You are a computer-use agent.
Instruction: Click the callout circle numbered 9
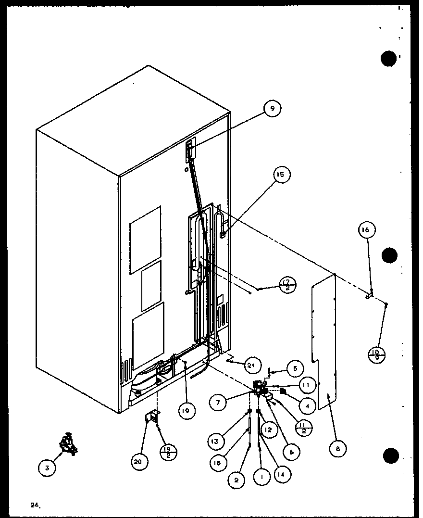coord(272,109)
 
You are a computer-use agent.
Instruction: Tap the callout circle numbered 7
coord(219,403)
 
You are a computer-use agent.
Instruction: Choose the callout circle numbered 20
coord(139,462)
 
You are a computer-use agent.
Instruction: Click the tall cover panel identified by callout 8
coord(323,341)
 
